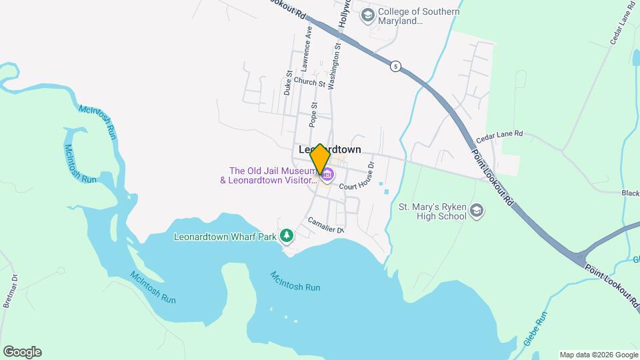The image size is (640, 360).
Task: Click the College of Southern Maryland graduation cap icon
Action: click(x=367, y=15)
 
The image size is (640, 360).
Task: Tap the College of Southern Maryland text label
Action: click(x=419, y=16)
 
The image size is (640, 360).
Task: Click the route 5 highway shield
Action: click(x=396, y=67)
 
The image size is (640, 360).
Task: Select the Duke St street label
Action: click(x=289, y=83)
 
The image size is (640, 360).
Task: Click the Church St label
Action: click(x=309, y=83)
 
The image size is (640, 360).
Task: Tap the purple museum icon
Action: click(x=327, y=175)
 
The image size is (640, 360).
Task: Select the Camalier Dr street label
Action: click(x=326, y=225)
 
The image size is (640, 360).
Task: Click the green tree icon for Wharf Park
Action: click(x=287, y=235)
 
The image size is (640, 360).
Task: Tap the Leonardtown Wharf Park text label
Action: click(x=225, y=236)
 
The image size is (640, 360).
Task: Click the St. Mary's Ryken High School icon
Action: click(x=477, y=211)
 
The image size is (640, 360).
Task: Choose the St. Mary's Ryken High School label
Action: click(x=432, y=211)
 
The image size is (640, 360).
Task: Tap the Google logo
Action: click(x=22, y=352)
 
